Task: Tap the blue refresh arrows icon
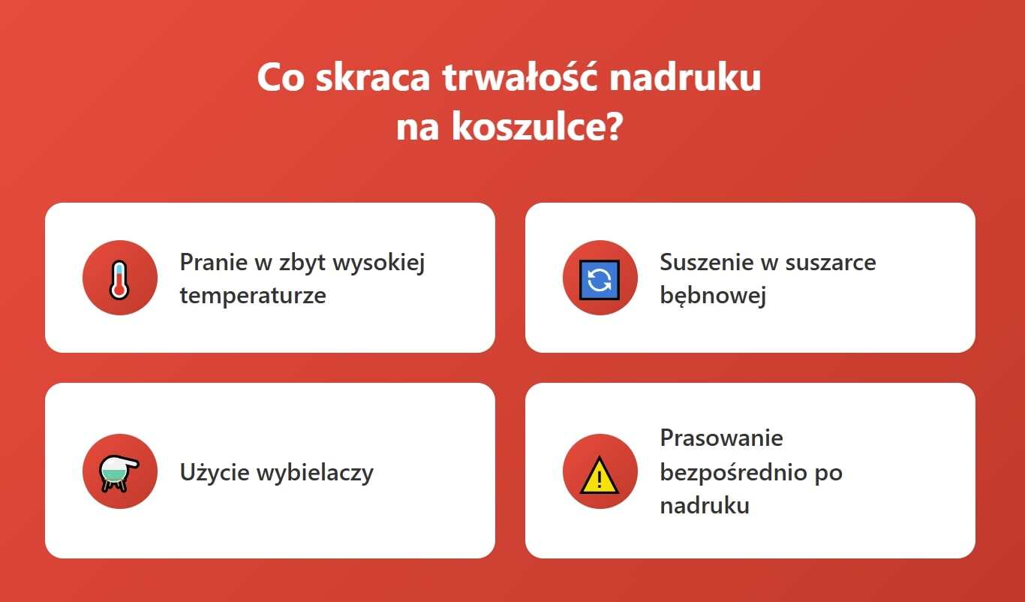click(x=600, y=279)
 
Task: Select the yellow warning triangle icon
click(x=600, y=475)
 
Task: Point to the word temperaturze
click(x=253, y=295)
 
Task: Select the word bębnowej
click(x=713, y=295)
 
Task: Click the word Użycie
click(x=215, y=473)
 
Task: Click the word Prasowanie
click(x=721, y=438)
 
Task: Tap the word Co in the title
click(x=281, y=78)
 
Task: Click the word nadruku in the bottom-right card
click(x=704, y=505)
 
